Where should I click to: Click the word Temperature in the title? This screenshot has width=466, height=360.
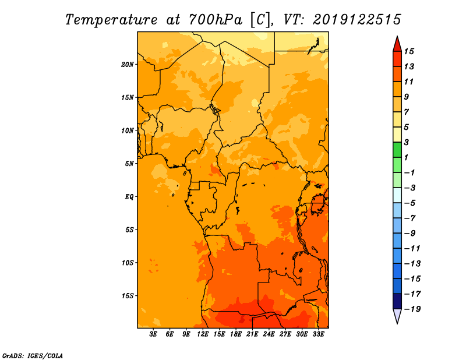[111, 20]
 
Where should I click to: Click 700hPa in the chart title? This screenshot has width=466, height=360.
[215, 20]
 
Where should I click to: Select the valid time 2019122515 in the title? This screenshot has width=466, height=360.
[357, 20]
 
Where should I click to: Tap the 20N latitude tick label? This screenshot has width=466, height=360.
[128, 65]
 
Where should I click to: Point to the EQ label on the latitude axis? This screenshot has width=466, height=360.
[129, 197]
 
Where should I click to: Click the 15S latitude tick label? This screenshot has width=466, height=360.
[128, 296]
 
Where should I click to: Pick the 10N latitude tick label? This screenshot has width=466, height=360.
[128, 130]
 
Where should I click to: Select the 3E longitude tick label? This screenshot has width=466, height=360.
[153, 334]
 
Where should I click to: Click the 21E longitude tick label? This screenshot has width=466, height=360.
[252, 334]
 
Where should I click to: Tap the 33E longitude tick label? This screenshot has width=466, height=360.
[318, 334]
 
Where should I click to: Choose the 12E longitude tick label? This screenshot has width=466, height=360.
[203, 334]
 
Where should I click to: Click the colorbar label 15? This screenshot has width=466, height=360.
[409, 52]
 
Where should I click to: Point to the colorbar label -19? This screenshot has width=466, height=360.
[412, 309]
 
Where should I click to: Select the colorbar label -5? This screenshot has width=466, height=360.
[410, 203]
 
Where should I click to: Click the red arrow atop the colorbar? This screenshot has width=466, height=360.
[397, 45]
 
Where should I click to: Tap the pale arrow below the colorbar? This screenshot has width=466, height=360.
[397, 315]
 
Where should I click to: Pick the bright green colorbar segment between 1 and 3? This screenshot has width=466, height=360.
[397, 150]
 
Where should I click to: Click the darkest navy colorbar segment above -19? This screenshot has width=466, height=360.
[397, 301]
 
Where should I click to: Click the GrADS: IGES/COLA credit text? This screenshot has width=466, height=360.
[33, 356]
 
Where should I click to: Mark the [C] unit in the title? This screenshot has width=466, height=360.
[260, 20]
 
